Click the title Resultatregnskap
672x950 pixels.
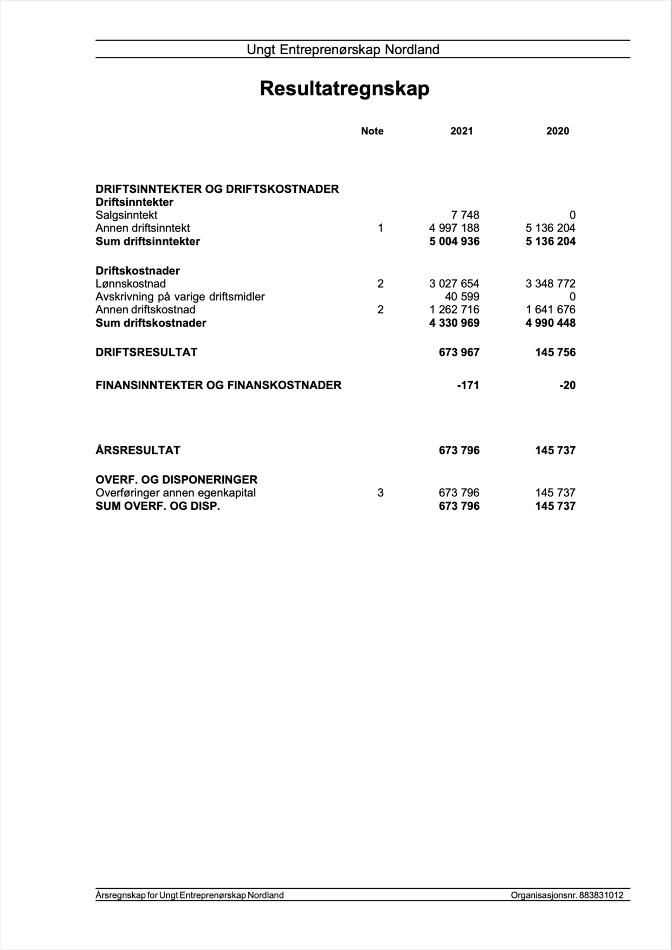point(344,88)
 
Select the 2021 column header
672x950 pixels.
point(461,131)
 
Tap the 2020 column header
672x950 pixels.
point(557,131)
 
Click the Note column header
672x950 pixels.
point(372,131)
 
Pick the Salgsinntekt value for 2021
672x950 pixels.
point(465,215)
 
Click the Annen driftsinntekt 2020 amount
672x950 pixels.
point(550,228)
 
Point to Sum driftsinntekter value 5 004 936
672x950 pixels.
point(454,242)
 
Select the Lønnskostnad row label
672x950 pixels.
point(131,284)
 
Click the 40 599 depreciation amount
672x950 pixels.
point(462,297)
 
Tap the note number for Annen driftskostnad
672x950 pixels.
point(380,310)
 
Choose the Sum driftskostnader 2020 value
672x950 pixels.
point(550,323)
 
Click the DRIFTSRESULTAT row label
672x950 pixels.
point(146,352)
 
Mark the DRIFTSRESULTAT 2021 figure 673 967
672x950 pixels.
point(459,352)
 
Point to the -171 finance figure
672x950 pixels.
point(468,385)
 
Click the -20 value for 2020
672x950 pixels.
point(567,385)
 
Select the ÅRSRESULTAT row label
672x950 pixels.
point(138,450)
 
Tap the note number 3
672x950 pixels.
point(380,493)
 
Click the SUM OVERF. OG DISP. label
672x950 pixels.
point(158,506)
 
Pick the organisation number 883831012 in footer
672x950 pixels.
point(601,895)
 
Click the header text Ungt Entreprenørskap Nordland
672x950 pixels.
point(343,50)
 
